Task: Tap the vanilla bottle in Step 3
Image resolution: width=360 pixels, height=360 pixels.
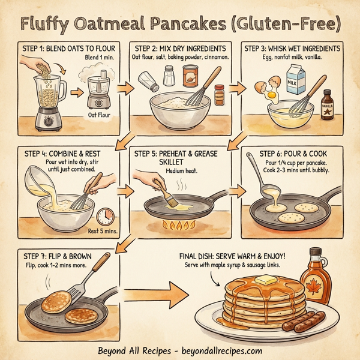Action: tap(328, 104)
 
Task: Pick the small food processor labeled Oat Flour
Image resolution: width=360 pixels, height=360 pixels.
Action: tap(95, 92)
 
